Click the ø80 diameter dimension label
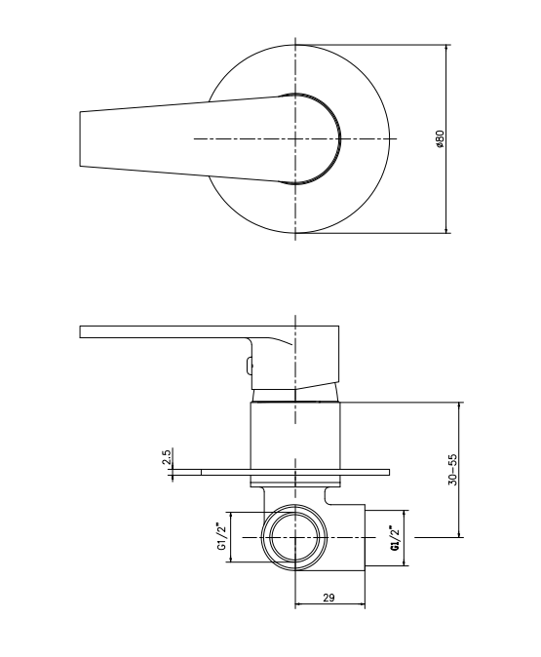[x=440, y=140]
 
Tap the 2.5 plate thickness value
[x=167, y=456]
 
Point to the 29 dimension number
[x=328, y=598]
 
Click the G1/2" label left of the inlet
[x=221, y=536]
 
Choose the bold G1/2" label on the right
[x=395, y=538]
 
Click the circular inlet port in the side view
[x=294, y=536]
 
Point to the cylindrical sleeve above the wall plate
[x=294, y=434]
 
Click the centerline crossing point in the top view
[x=294, y=139]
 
